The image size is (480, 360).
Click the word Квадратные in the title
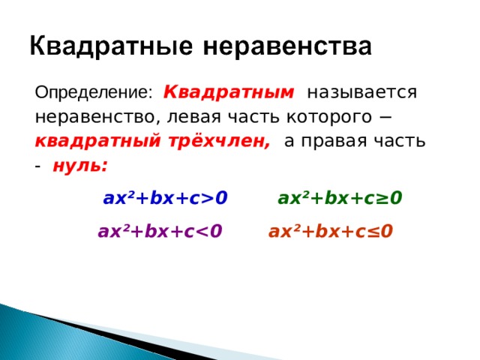[111, 46]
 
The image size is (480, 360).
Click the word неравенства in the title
[287, 46]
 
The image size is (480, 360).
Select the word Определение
[93, 92]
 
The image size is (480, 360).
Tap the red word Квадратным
[229, 92]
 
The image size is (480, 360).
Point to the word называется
[361, 92]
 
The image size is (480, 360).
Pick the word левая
[193, 117]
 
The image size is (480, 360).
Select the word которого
[329, 117]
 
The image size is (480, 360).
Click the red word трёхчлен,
[219, 142]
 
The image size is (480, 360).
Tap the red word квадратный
[97, 141]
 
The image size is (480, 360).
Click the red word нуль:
[80, 166]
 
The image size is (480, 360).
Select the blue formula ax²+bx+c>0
[165, 198]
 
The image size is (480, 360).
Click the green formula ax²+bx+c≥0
[340, 198]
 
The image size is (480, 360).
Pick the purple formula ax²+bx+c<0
[160, 231]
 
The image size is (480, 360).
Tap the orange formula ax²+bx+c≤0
[331, 231]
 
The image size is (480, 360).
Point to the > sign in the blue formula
[207, 198]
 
